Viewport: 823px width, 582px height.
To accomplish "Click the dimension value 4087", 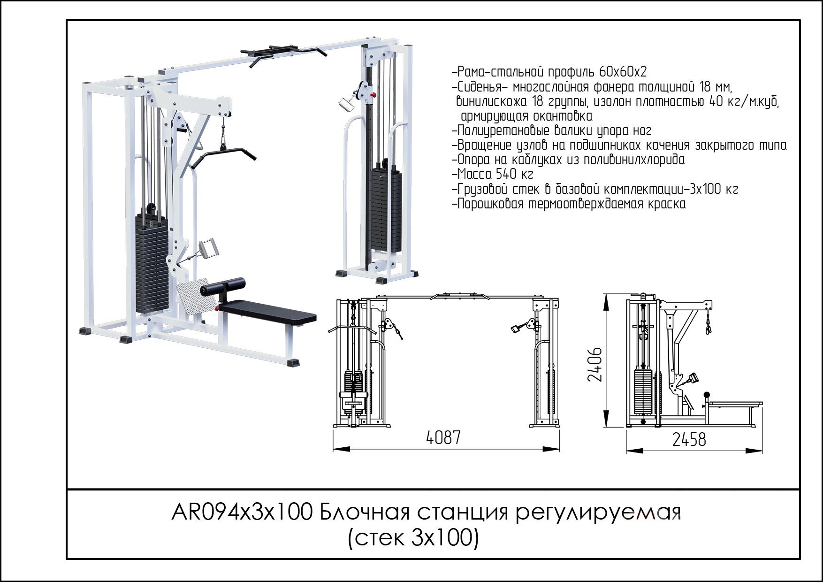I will pyautogui.click(x=443, y=437).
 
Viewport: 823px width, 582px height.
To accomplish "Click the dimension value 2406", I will pyautogui.click(x=595, y=364).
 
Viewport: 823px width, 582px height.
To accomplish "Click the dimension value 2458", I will pyautogui.click(x=689, y=440).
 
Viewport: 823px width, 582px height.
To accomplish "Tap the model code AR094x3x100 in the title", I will pyautogui.click(x=242, y=513).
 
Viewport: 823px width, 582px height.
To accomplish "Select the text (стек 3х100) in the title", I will pyautogui.click(x=413, y=538).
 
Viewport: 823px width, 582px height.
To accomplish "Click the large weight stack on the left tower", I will pyautogui.click(x=152, y=263).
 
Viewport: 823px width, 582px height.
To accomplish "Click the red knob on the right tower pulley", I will pyautogui.click(x=373, y=96).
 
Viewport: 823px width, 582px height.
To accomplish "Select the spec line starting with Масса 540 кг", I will pyautogui.click(x=493, y=175).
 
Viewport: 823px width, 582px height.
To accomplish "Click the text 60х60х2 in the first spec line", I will pyautogui.click(x=623, y=72).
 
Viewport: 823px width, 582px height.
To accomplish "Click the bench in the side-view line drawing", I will pyautogui.click(x=734, y=405).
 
